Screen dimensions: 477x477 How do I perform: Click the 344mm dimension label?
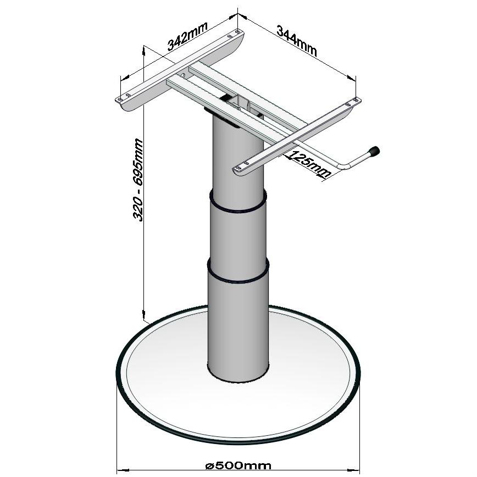(x=297, y=41)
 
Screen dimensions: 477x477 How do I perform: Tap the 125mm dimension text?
(x=309, y=164)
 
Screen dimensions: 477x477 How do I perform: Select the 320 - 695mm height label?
(x=138, y=180)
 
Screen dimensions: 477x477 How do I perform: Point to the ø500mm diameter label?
(x=238, y=465)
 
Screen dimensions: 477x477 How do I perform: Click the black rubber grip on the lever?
(x=374, y=151)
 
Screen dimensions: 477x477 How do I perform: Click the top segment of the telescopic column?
(x=238, y=161)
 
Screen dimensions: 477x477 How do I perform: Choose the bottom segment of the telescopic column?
(x=238, y=329)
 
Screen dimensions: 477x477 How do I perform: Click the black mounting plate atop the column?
(x=224, y=117)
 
